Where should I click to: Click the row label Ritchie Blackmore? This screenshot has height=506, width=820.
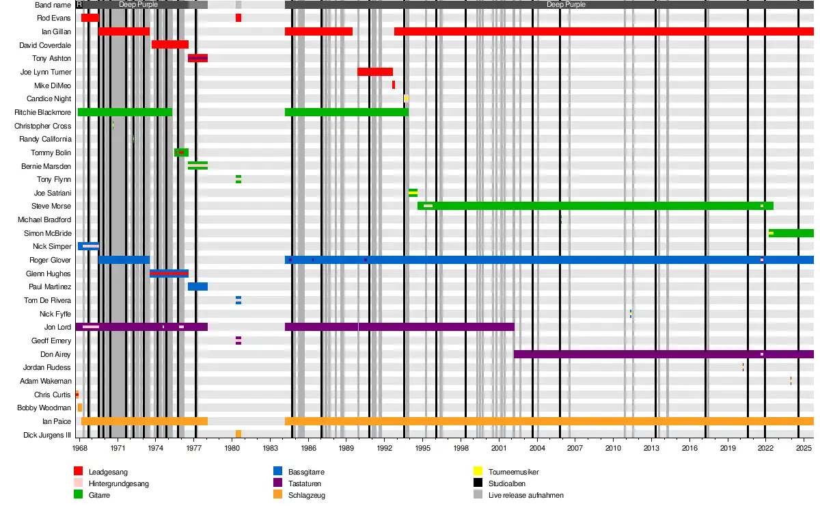coord(42,112)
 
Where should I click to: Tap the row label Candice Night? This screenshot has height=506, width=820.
coord(49,99)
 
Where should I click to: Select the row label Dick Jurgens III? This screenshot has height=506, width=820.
coord(47,435)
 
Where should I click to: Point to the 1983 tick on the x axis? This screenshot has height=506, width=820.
coord(271,448)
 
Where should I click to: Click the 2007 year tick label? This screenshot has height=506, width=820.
coord(575,448)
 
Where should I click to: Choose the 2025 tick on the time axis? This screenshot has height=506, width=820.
coord(803,448)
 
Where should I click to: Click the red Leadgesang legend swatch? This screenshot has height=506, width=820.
coord(78,471)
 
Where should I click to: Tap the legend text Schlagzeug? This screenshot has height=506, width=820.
coord(306,494)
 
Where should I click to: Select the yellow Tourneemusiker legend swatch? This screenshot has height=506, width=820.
coord(478,471)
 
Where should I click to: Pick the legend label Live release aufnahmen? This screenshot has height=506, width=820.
coord(526,494)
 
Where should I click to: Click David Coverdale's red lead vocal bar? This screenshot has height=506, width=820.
coord(170,44)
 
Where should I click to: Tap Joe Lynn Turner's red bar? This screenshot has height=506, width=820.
coord(375,72)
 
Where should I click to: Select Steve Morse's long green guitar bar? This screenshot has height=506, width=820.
coord(594,206)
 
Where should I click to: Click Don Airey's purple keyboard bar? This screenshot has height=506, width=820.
coord(663,354)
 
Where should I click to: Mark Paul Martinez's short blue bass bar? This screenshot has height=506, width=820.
coord(197,287)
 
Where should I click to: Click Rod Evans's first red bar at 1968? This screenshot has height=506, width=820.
coord(90,18)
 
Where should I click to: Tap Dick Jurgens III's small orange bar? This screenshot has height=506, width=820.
coord(238,434)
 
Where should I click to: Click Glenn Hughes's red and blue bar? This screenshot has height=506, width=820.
coord(169,274)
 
